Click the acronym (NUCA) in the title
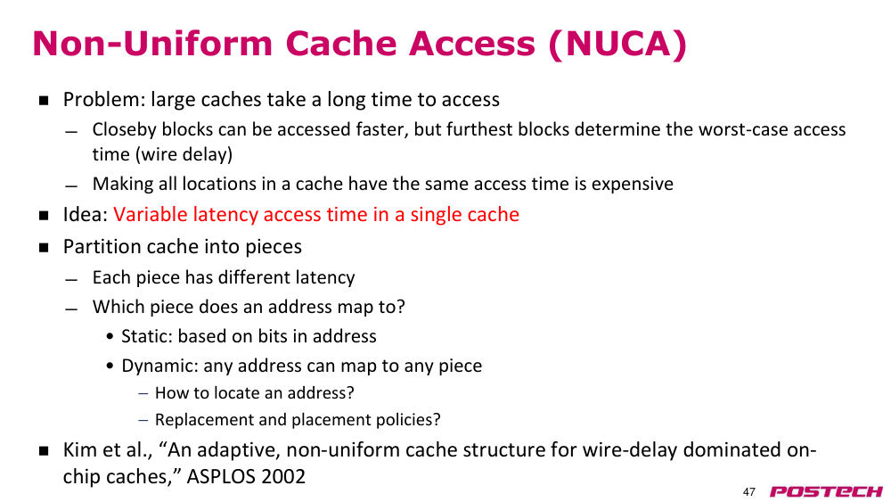click(617, 44)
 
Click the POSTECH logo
click(826, 491)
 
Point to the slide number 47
click(749, 492)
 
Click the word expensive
click(632, 185)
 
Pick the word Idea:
click(86, 214)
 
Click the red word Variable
click(150, 214)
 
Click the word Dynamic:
click(159, 366)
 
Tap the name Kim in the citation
click(78, 449)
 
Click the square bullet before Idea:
click(44, 216)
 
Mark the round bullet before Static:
click(110, 336)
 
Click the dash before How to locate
click(143, 393)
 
